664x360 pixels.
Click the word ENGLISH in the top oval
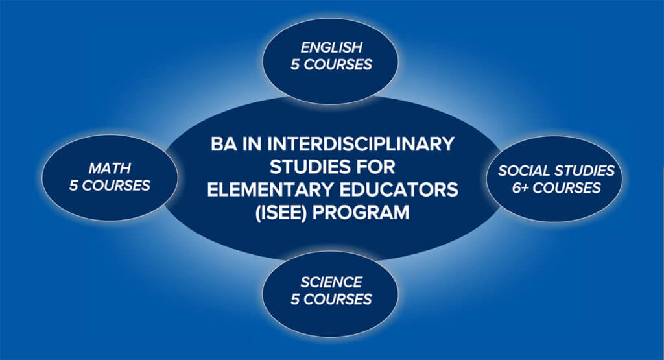(331, 47)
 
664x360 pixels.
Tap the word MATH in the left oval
(110, 168)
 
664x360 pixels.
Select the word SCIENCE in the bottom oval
(331, 282)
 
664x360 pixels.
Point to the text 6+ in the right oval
(520, 187)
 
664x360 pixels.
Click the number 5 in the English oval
(295, 64)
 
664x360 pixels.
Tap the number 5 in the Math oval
(73, 186)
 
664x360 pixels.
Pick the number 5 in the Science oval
(295, 300)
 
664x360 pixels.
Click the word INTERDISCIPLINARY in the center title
(361, 144)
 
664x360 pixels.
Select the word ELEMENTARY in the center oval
(272, 189)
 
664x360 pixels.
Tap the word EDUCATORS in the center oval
(399, 189)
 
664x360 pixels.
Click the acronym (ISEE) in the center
(281, 212)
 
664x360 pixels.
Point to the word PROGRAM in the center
(361, 212)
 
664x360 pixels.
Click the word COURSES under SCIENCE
(337, 300)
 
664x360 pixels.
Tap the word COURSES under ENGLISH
(337, 64)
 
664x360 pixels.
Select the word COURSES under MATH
(116, 186)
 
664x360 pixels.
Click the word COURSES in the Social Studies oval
(567, 187)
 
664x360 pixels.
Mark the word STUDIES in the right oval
(584, 171)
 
